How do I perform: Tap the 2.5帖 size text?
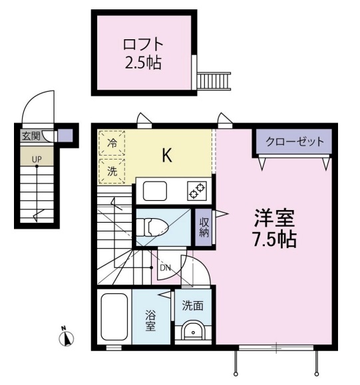pyautogui.click(x=143, y=64)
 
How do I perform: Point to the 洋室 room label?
pyautogui.click(x=273, y=218)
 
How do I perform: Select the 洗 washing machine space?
pyautogui.click(x=112, y=170)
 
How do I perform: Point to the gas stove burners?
pyautogui.click(x=197, y=190)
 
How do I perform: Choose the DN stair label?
pyautogui.click(x=165, y=268)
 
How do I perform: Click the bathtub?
pyautogui.click(x=114, y=317)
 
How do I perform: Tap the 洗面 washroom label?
pyautogui.click(x=193, y=306)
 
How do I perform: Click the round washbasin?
pyautogui.click(x=194, y=330)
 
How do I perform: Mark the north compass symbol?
pyautogui.click(x=66, y=338)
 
